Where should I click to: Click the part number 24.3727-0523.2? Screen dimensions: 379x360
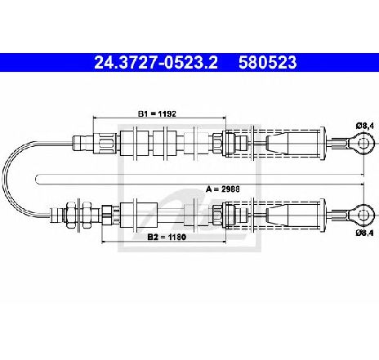tap(156, 63)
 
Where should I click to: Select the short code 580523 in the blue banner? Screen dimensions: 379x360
tap(268, 63)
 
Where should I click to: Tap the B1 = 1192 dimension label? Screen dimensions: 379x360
tap(157, 113)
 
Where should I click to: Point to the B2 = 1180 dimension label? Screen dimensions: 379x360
tap(167, 237)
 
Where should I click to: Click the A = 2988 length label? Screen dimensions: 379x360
tap(223, 189)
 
